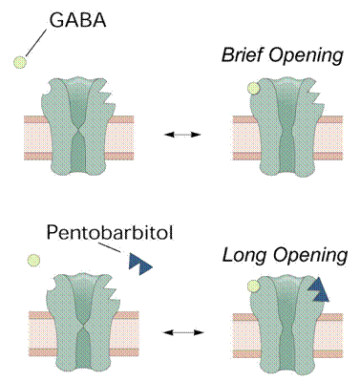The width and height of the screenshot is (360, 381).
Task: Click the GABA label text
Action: tap(77, 20)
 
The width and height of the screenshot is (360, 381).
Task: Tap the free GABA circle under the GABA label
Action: tap(20, 62)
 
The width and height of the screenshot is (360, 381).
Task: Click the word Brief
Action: tap(243, 54)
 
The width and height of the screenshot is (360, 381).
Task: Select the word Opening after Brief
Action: tap(306, 55)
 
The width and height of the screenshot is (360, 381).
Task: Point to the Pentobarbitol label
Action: tap(110, 233)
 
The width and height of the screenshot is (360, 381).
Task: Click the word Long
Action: tap(244, 255)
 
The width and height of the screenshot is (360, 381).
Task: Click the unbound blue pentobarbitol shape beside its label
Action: tap(140, 265)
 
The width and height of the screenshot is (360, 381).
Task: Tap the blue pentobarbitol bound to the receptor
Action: tap(318, 289)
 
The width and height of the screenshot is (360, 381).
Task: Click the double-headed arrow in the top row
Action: tap(182, 135)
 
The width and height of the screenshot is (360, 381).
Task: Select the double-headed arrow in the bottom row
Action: tap(183, 332)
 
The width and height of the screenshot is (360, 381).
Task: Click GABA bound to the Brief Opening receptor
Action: tap(254, 89)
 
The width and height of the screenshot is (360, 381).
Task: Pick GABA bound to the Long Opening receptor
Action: tap(254, 286)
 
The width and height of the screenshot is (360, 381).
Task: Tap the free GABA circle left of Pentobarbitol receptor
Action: tap(33, 261)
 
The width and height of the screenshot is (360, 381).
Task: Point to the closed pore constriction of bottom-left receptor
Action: tap(84, 328)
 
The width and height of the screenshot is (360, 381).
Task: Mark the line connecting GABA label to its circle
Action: tap(36, 43)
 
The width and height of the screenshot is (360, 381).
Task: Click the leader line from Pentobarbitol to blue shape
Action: tap(110, 247)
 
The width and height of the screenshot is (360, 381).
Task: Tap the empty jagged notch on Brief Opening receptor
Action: tap(313, 95)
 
